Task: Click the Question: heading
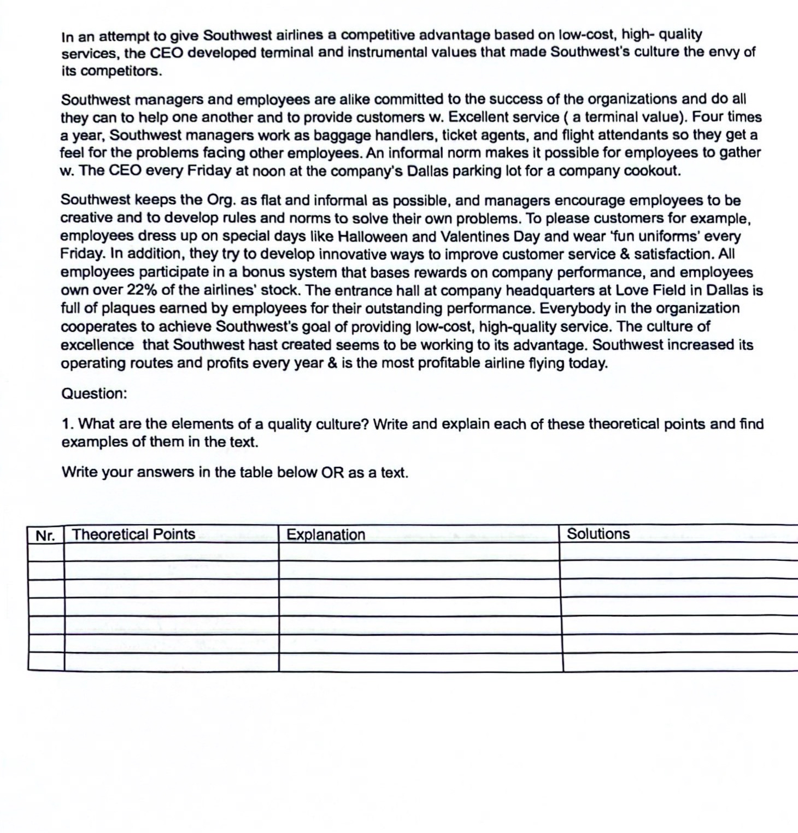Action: point(94,394)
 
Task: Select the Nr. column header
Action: point(45,535)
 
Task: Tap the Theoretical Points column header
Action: point(133,534)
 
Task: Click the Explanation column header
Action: point(326,535)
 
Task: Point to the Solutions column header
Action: point(598,533)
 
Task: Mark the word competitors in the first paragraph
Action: point(120,71)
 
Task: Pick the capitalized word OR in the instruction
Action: point(332,472)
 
